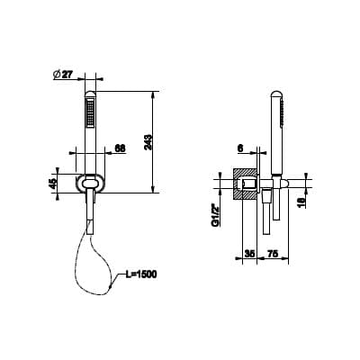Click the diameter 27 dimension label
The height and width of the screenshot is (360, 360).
click(x=63, y=75)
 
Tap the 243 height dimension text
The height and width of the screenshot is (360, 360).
click(x=149, y=141)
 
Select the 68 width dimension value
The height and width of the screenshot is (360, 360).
click(x=120, y=148)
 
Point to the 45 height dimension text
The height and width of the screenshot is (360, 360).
click(x=53, y=184)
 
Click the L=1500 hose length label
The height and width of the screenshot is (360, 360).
click(x=140, y=274)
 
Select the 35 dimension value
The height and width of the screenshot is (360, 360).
click(x=249, y=254)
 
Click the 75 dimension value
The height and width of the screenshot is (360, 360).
click(x=273, y=254)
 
